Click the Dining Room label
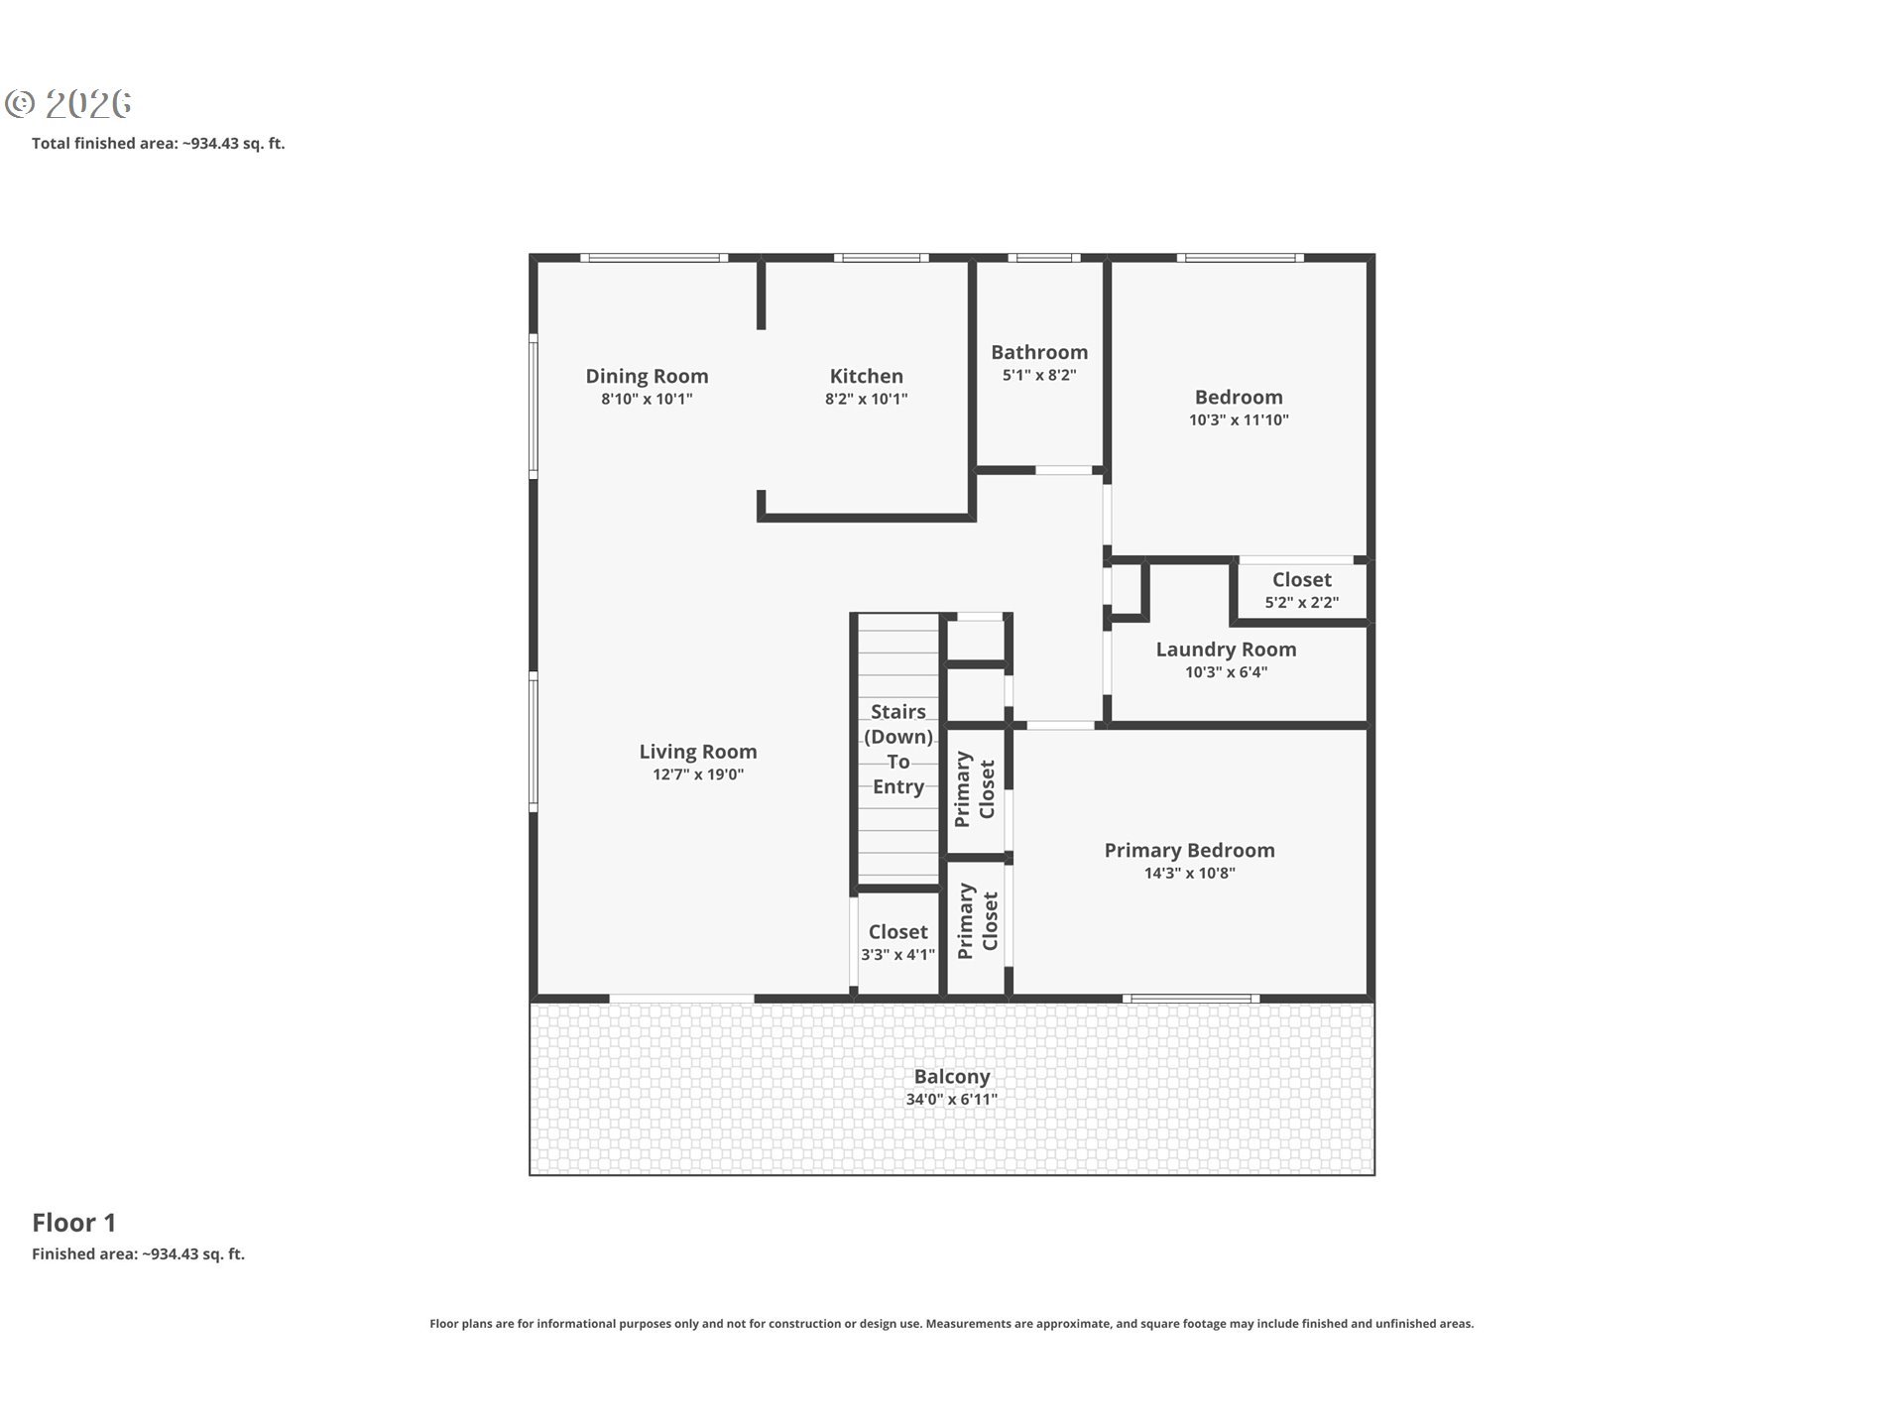point(647,376)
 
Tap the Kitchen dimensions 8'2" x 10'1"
point(867,399)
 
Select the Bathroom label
point(1039,352)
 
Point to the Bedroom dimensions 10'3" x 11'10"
point(1239,419)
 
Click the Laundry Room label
point(1226,650)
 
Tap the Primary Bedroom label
point(1190,850)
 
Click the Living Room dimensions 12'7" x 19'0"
point(698,774)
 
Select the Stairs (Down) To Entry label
point(898,749)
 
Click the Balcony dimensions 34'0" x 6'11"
point(952,1099)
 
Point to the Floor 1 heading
point(74,1223)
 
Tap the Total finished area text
point(159,143)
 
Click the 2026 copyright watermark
point(68,103)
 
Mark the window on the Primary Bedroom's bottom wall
point(1191,998)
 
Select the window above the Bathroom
point(1044,258)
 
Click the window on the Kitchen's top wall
point(882,258)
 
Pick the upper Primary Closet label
point(975,790)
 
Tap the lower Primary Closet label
point(978,921)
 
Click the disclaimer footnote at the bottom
point(952,1323)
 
